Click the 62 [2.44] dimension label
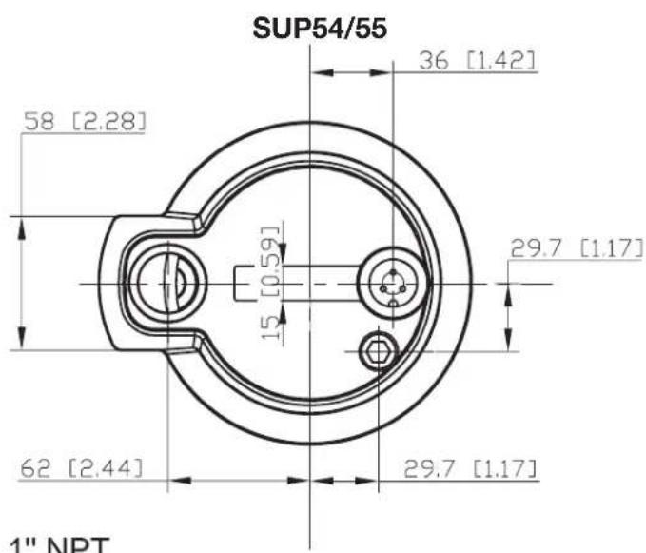[81, 467]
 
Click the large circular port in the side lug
[164, 284]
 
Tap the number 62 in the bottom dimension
[34, 467]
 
